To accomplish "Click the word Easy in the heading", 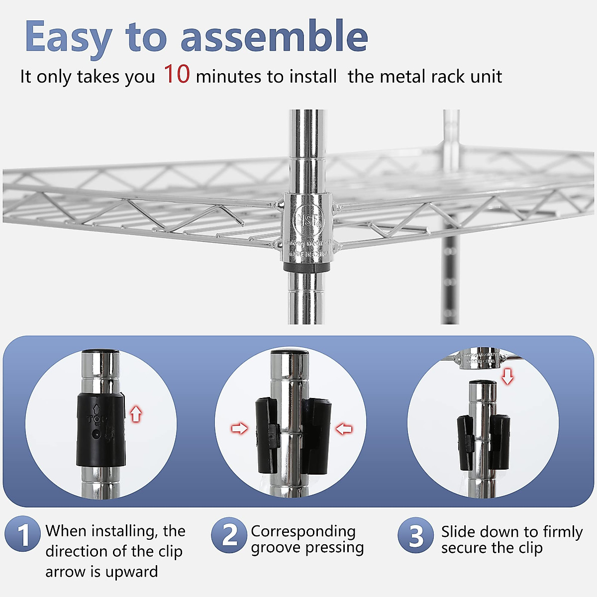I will click(69, 37).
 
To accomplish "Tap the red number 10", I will click(177, 74).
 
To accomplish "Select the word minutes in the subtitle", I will click(229, 77).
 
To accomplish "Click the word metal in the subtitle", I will click(402, 77).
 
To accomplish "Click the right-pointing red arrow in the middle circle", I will click(240, 428).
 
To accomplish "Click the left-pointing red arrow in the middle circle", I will click(344, 428).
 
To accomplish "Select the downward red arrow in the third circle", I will click(507, 376).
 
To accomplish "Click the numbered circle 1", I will click(22, 534).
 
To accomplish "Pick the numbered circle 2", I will click(229, 535).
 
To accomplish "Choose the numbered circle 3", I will click(415, 535).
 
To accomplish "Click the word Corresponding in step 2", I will click(303, 531).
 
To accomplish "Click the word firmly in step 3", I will click(562, 531).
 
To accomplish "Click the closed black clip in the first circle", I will click(100, 429).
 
